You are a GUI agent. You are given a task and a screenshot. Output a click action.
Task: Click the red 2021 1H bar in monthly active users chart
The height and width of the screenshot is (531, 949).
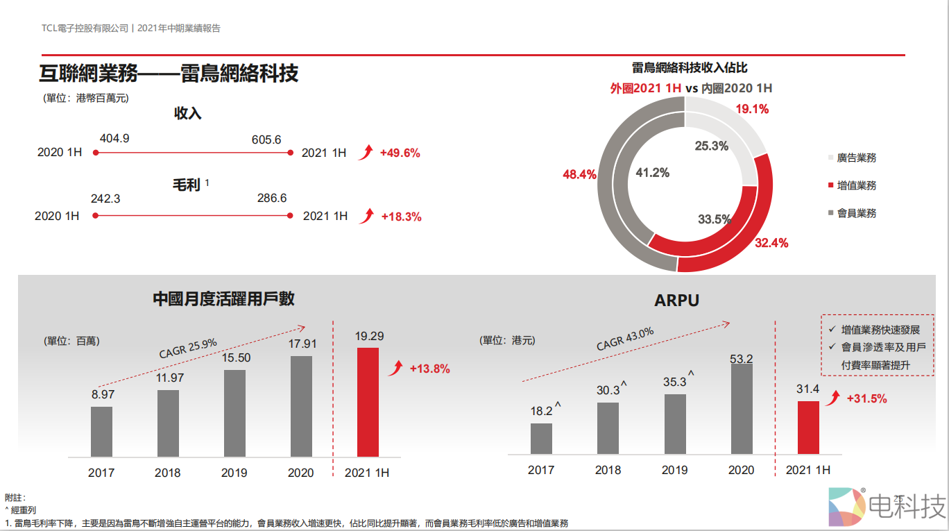[x=368, y=401]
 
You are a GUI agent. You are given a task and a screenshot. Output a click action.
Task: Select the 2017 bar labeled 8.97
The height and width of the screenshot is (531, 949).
[x=101, y=431]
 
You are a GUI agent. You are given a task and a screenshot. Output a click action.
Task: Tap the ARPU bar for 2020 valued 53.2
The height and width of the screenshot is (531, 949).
[x=742, y=410]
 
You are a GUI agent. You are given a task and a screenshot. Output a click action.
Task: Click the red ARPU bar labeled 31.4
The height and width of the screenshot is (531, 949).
[x=808, y=428]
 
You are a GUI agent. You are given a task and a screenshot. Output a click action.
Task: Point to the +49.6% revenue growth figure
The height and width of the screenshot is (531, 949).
[x=400, y=153]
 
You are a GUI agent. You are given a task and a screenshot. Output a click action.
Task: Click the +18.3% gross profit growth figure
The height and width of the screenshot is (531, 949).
[x=401, y=217]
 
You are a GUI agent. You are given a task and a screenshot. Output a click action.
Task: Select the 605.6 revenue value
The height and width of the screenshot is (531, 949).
[x=266, y=140]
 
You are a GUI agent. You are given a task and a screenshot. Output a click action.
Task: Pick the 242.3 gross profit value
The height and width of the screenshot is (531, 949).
[x=105, y=199]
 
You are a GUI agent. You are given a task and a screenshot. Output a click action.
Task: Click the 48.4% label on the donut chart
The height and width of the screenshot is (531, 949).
[x=579, y=174]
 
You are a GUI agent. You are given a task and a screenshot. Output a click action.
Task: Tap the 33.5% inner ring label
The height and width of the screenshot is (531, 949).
[x=715, y=219]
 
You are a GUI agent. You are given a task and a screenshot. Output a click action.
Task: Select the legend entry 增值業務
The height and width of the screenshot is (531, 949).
[x=857, y=185]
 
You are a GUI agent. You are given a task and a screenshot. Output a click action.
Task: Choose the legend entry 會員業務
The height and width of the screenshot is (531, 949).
[x=857, y=213]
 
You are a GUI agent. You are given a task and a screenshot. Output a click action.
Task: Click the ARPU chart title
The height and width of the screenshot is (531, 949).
[x=676, y=301]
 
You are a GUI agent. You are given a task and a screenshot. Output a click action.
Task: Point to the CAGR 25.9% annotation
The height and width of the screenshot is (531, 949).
[x=188, y=347]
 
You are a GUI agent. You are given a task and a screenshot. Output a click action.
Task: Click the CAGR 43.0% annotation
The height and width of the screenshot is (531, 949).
[x=625, y=339]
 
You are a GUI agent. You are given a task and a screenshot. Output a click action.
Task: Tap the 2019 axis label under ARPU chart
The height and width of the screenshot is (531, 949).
[x=674, y=470]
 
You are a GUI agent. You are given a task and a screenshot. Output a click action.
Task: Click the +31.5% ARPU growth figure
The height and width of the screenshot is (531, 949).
[x=866, y=398]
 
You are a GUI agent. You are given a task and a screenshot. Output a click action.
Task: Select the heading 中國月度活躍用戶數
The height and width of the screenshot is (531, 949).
[x=223, y=298]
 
